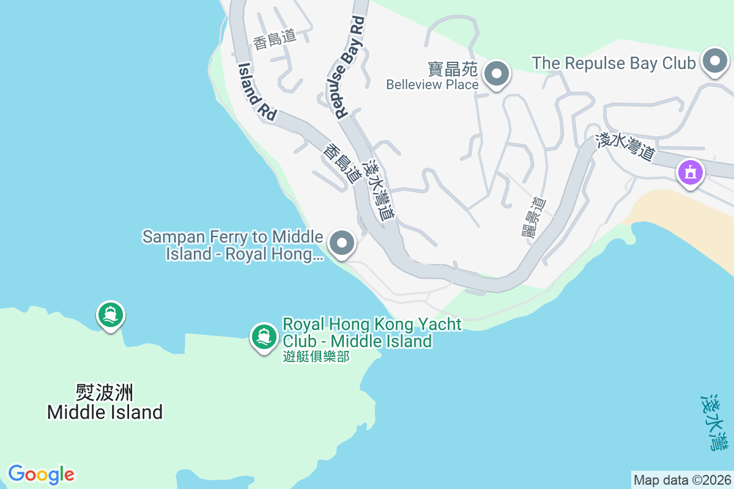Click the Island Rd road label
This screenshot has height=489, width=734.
[257, 91]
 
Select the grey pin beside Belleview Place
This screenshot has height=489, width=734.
[497, 74]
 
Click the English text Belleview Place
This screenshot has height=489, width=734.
[432, 84]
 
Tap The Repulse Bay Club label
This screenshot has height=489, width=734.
[614, 63]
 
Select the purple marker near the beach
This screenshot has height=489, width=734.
[691, 172]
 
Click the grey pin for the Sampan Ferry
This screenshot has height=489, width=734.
[342, 243]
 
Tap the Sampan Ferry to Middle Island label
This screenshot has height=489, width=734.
[233, 245]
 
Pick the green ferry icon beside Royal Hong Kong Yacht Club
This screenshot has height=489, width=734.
[264, 337]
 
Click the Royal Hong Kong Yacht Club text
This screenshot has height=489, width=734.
[372, 332]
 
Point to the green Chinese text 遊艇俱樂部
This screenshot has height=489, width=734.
[316, 356]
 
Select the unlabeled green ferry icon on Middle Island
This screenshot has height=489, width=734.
[111, 315]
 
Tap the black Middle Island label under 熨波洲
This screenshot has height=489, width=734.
[105, 412]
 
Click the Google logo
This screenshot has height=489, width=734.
[42, 474]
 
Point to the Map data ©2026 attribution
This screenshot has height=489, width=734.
[682, 480]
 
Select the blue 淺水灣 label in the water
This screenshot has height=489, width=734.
[714, 422]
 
